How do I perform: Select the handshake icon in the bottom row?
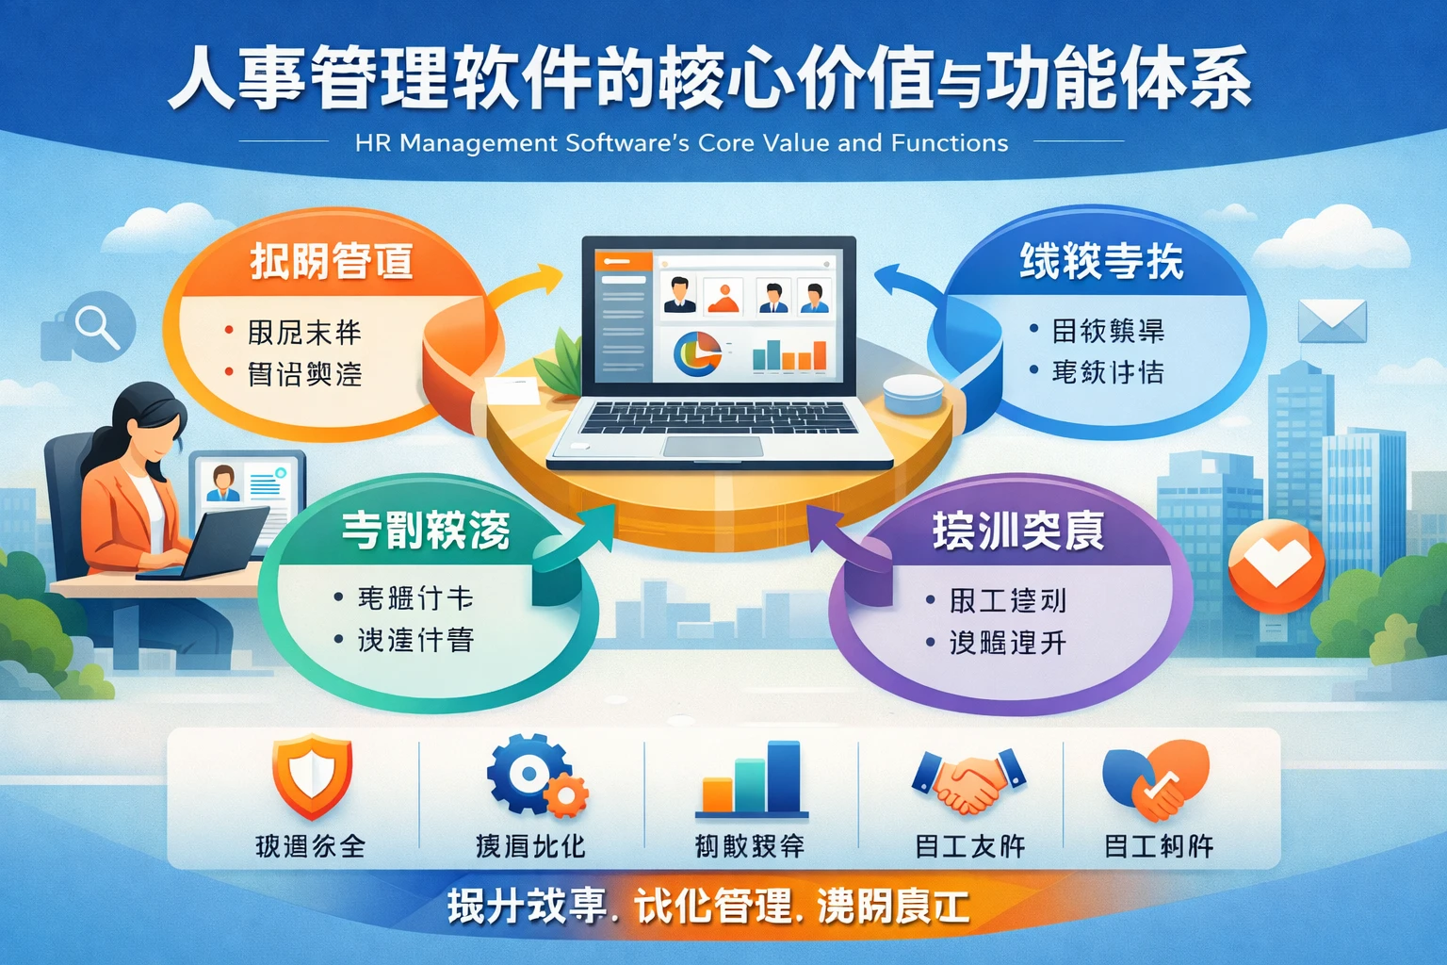point(968,779)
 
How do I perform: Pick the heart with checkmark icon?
point(1156,779)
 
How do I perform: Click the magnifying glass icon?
point(96,327)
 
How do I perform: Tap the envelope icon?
point(1331,321)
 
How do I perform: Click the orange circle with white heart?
point(1276,565)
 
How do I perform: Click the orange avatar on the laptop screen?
point(723,296)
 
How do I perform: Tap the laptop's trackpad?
point(712,446)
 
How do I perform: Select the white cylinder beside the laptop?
point(913,393)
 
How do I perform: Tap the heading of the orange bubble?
point(332,261)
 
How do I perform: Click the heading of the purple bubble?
point(1017,531)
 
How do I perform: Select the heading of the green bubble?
point(426,531)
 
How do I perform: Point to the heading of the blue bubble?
point(1101,261)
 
